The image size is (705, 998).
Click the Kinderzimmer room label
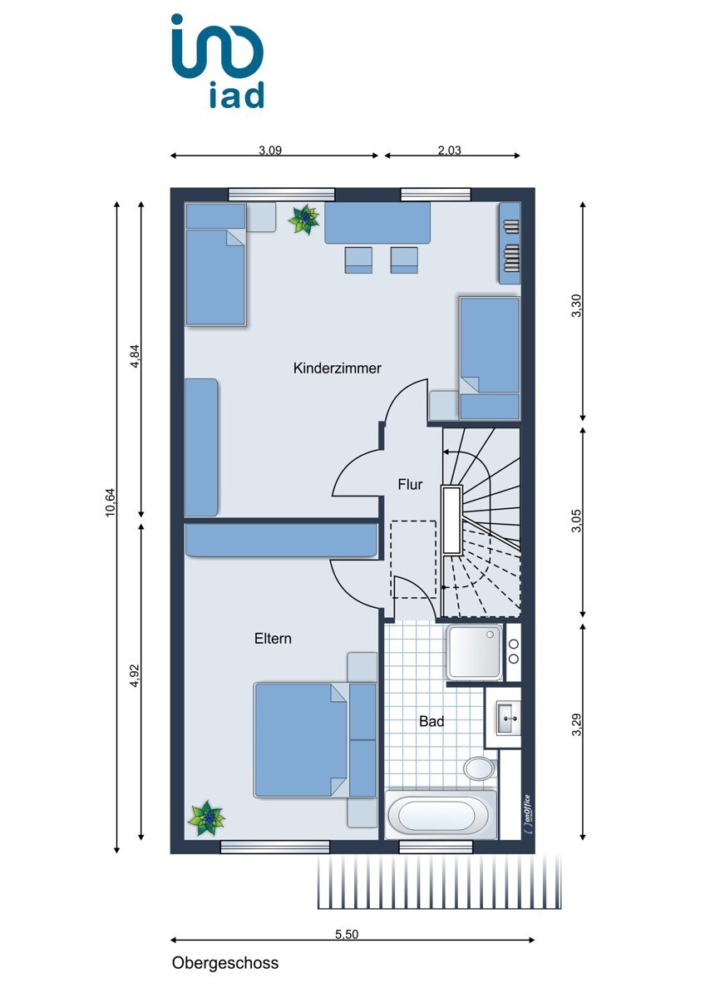[x=338, y=368]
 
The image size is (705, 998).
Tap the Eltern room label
[x=273, y=639]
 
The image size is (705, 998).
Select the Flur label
[x=410, y=484]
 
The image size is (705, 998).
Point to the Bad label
[x=431, y=721]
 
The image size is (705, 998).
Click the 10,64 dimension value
[x=110, y=502]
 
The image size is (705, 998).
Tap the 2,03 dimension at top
[x=449, y=151]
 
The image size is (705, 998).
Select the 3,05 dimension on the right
[x=577, y=521]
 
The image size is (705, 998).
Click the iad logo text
[x=236, y=95]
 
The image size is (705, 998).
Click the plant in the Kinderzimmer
[x=303, y=219]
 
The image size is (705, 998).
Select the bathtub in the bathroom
[x=440, y=815]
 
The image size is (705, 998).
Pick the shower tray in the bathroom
[x=475, y=652]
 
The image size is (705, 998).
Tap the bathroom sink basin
[x=508, y=719]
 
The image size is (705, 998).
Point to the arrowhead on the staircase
[x=446, y=452]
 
